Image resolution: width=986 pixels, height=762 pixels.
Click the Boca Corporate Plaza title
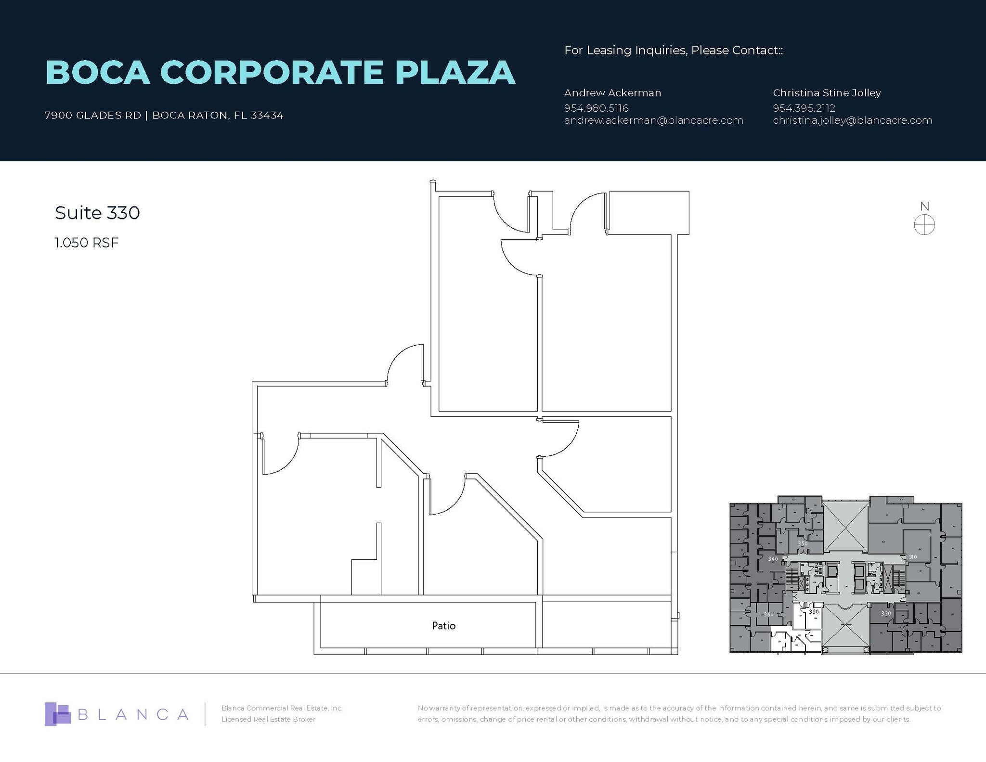tap(280, 73)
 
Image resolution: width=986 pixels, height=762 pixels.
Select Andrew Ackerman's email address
tap(653, 120)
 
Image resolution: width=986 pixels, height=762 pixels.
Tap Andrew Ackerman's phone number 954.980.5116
tap(596, 108)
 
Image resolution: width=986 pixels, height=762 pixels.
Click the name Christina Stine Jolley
tap(827, 93)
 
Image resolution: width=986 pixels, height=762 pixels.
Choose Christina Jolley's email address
tap(852, 120)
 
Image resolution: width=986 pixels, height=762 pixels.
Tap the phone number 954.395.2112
tap(804, 108)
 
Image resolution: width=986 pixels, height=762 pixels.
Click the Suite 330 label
tap(97, 213)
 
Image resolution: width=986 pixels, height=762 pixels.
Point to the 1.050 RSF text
tap(86, 243)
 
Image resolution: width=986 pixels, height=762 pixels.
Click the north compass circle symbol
tap(924, 225)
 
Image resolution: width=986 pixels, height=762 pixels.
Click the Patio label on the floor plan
tap(443, 626)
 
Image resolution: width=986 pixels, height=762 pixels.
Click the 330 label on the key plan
tap(814, 612)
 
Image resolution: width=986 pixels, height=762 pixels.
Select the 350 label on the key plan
tap(803, 543)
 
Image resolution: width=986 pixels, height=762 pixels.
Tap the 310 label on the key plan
tap(912, 557)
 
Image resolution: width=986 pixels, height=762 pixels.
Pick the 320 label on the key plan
tap(885, 614)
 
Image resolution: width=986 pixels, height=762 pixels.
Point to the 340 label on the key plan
tap(773, 559)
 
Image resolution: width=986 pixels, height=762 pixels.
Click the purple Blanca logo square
tap(57, 714)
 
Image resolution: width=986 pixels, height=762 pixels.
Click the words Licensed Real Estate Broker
tap(268, 719)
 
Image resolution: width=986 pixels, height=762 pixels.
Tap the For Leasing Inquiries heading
tap(673, 50)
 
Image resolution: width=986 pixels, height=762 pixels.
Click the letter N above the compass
tap(924, 207)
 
